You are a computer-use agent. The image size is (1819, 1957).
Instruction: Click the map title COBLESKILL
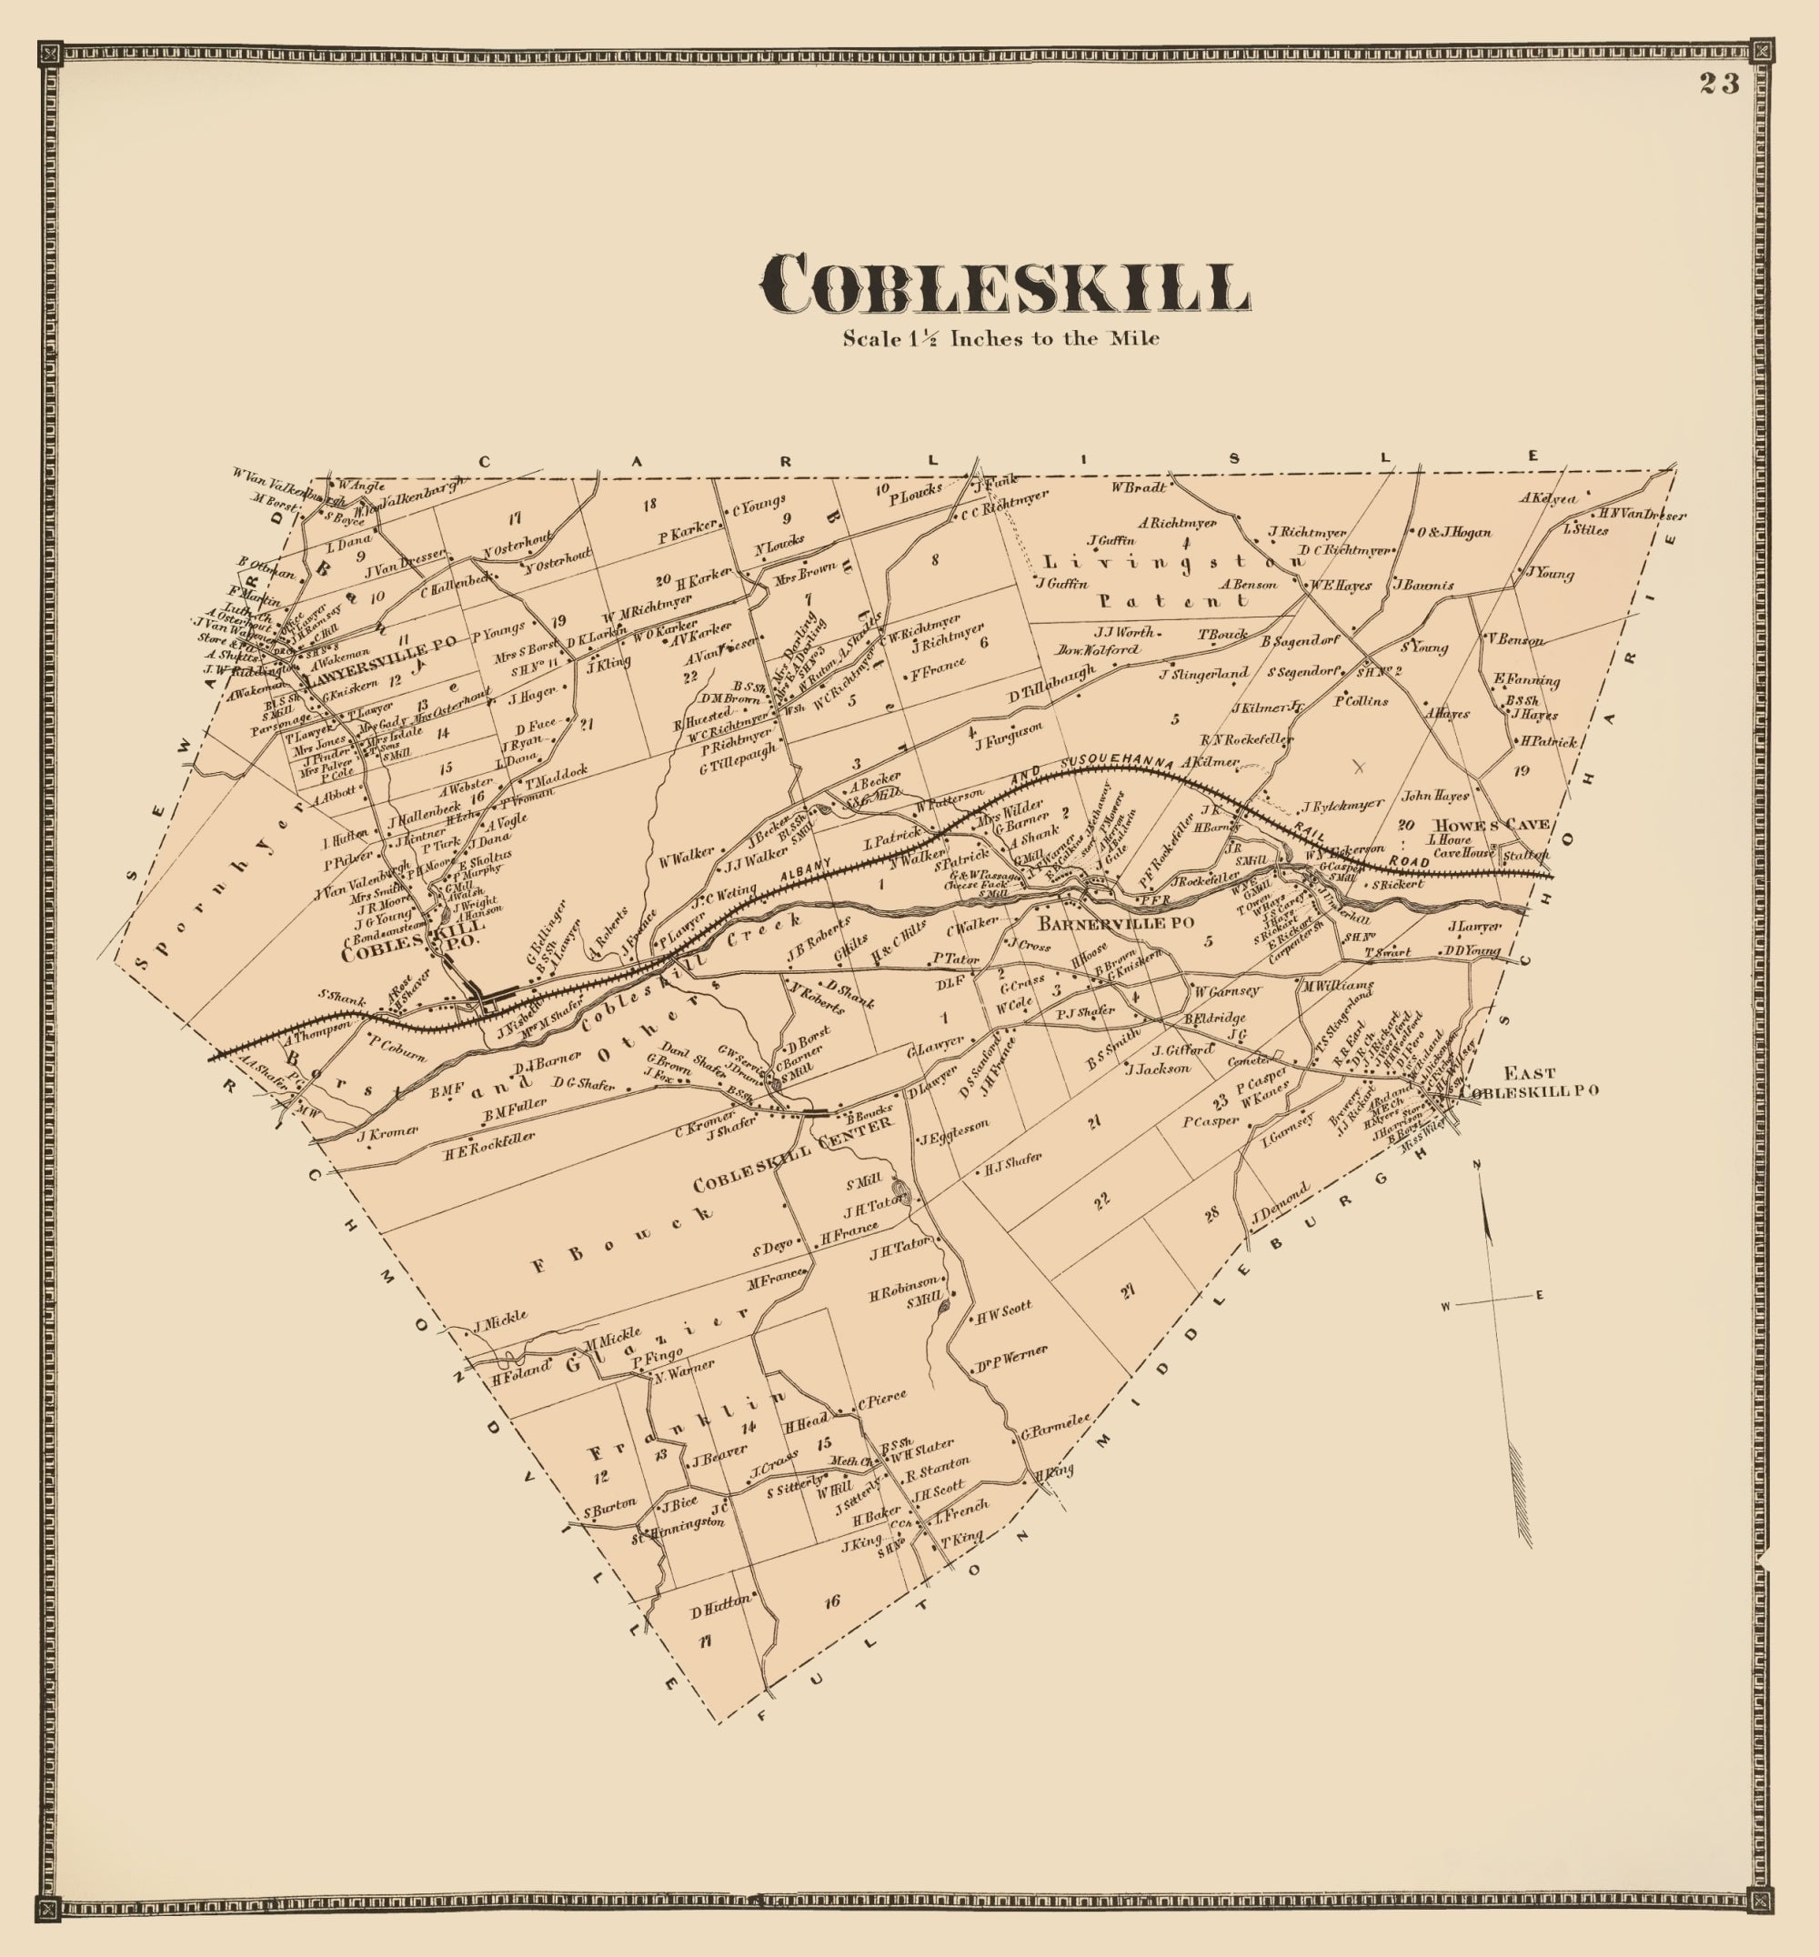(x=1004, y=286)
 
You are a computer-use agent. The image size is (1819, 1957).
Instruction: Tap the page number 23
(x=1719, y=84)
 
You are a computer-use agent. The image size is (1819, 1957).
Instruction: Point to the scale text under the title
(x=1000, y=338)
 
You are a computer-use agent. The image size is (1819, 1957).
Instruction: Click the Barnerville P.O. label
(x=1116, y=923)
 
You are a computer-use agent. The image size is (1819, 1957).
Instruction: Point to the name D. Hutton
(x=719, y=1611)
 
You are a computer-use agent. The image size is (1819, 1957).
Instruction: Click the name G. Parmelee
(x=1055, y=1427)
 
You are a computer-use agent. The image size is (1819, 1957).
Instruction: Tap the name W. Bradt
(x=1139, y=487)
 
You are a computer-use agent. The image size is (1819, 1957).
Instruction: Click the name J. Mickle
(x=499, y=1320)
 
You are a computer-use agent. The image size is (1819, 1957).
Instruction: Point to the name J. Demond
(x=1280, y=1204)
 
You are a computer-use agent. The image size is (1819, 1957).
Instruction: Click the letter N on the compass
(x=1476, y=1166)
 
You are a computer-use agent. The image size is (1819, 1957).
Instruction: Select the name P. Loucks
(x=915, y=493)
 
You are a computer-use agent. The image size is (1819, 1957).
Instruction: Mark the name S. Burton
(x=609, y=1510)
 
